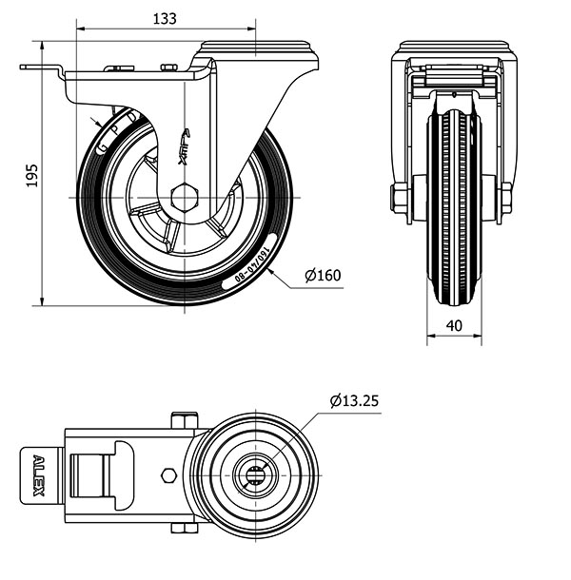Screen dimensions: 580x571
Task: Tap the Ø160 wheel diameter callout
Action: pyautogui.click(x=323, y=277)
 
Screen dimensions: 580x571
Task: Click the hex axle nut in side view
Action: pyautogui.click(x=184, y=198)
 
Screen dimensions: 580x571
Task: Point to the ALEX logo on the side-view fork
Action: pyautogui.click(x=186, y=145)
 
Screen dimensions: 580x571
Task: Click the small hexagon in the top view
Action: pyautogui.click(x=168, y=474)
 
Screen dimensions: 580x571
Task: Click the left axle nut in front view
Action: pyautogui.click(x=400, y=199)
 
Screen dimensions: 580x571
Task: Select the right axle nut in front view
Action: pyautogui.click(x=505, y=199)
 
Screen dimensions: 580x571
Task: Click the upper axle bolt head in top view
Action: pyautogui.click(x=184, y=419)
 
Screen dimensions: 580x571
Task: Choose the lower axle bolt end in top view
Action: pyautogui.click(x=184, y=528)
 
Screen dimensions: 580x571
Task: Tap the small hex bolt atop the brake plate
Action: pyautogui.click(x=169, y=67)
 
